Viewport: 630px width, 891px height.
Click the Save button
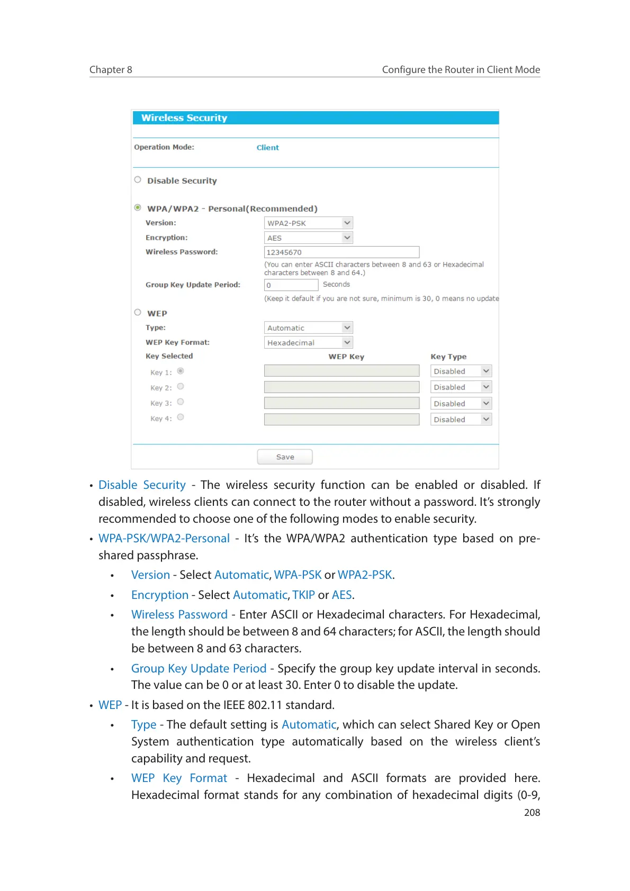click(285, 457)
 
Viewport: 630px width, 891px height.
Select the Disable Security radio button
click(138, 180)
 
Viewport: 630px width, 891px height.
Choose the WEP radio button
click(138, 312)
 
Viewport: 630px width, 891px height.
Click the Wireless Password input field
click(341, 252)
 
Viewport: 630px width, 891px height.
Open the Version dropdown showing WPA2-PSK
click(308, 223)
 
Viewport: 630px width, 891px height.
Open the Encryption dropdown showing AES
click(308, 238)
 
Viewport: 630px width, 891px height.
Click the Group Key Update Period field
click(291, 285)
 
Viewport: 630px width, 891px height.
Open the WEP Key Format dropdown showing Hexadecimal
click(308, 342)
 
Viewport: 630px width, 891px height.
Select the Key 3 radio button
click(181, 402)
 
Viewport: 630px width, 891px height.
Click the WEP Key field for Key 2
click(341, 387)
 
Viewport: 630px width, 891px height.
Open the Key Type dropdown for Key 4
click(461, 419)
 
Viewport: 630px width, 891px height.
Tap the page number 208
click(532, 813)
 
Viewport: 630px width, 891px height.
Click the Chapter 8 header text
click(111, 70)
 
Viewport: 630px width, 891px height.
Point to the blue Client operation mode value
click(267, 148)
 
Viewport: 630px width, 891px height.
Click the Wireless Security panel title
click(184, 118)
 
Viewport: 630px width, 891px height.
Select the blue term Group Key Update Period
click(199, 668)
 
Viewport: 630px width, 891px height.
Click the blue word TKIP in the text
click(303, 595)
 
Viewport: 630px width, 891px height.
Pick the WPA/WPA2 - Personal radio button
click(138, 208)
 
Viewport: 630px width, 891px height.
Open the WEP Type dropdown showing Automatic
click(308, 328)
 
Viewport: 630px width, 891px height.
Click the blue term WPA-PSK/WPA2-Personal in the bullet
click(164, 538)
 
